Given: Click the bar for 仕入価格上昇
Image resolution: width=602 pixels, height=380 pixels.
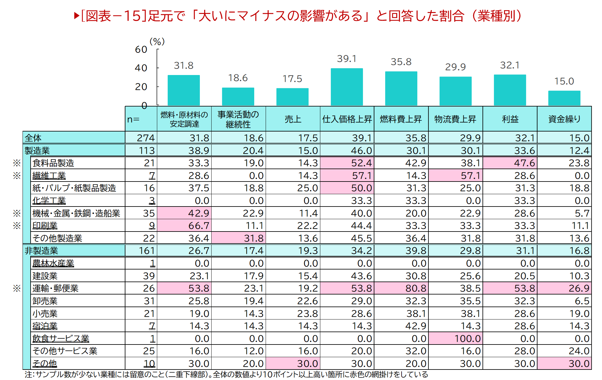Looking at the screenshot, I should pyautogui.click(x=347, y=87).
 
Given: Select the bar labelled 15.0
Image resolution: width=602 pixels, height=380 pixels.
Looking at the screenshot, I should pyautogui.click(x=564, y=98).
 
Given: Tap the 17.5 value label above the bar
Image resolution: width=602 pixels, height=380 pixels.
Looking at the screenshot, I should pyautogui.click(x=292, y=79).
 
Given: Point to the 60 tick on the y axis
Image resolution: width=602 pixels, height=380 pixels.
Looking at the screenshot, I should pyautogui.click(x=141, y=49).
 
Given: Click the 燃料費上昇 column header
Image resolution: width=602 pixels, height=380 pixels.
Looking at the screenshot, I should pyautogui.click(x=401, y=119).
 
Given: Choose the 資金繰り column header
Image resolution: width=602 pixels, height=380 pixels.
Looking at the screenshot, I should pyautogui.click(x=564, y=119).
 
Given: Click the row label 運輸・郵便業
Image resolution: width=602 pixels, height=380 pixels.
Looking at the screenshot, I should pyautogui.click(x=56, y=288).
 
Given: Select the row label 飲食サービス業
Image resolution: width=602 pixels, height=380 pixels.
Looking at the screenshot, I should pyautogui.click(x=61, y=339).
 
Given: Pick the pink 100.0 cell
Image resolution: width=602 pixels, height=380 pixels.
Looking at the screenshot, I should pyautogui.click(x=455, y=339).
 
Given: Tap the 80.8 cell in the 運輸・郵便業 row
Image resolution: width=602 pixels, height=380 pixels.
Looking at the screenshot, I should pyautogui.click(x=401, y=288).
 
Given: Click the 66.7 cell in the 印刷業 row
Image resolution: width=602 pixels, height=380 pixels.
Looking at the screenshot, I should pyautogui.click(x=184, y=226).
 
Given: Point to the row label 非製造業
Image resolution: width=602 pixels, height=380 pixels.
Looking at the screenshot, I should pyautogui.click(x=41, y=251).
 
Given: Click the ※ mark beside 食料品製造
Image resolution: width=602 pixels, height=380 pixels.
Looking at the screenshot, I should pyautogui.click(x=17, y=163).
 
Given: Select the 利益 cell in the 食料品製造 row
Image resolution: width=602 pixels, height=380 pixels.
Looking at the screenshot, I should pyautogui.click(x=510, y=163).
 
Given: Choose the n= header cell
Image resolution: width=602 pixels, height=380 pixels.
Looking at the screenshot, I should pyautogui.click(x=133, y=119).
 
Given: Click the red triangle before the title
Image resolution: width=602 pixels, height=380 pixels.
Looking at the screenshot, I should pyautogui.click(x=77, y=16).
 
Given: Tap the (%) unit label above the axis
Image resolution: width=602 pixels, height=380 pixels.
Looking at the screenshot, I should pyautogui.click(x=157, y=41).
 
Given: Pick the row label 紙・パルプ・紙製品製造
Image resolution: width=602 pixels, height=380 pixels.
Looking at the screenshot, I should pyautogui.click(x=74, y=188).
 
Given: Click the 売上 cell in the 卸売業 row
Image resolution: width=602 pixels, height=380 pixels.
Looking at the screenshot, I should pyautogui.click(x=293, y=301).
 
